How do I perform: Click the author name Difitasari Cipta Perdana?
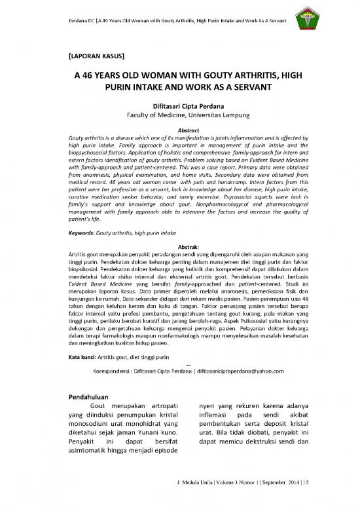coord(180,111)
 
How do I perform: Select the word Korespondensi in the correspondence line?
coord(117,370)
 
